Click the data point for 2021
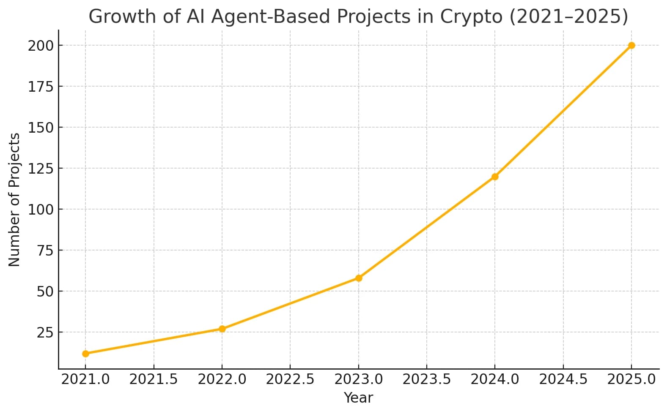(x=85, y=354)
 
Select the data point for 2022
(x=222, y=329)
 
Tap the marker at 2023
(x=359, y=278)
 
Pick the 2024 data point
(x=495, y=177)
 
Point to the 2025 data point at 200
(x=631, y=45)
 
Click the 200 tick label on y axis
(x=41, y=46)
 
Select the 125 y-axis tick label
(x=41, y=169)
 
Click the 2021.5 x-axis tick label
(x=154, y=379)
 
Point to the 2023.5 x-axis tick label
(x=427, y=379)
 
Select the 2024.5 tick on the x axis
(x=563, y=379)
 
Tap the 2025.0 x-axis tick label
(x=631, y=379)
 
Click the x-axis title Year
(x=358, y=398)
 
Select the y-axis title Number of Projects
(x=14, y=199)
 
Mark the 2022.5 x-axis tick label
(x=290, y=379)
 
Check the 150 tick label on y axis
(x=41, y=128)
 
